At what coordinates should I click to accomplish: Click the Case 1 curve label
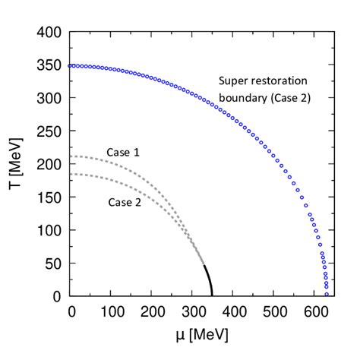pos(122,153)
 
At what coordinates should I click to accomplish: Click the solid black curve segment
pos(208,280)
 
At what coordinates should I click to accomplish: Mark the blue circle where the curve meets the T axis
pos(71,65)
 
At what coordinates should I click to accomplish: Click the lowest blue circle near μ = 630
pos(327,294)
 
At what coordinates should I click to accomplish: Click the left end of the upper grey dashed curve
pos(71,156)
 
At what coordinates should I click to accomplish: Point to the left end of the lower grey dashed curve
pos(71,174)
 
